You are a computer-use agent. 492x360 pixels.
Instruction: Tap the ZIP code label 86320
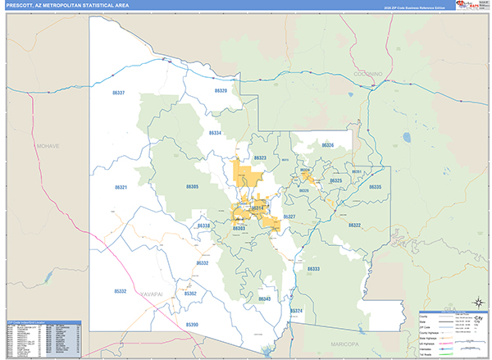pyautogui.click(x=219, y=90)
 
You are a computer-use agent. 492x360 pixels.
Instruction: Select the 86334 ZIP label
pyautogui.click(x=215, y=133)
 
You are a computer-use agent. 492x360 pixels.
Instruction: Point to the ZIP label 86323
pyautogui.click(x=261, y=157)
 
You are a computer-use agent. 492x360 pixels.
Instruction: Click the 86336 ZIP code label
pyautogui.click(x=328, y=145)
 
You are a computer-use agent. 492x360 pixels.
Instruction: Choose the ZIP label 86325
pyautogui.click(x=335, y=180)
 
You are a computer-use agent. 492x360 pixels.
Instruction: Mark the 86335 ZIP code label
pyautogui.click(x=375, y=188)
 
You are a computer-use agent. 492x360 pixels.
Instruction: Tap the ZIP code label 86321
pyautogui.click(x=121, y=187)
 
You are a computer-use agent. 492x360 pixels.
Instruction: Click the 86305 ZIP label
pyautogui.click(x=193, y=187)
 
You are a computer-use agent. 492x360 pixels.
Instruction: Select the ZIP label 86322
pyautogui.click(x=354, y=225)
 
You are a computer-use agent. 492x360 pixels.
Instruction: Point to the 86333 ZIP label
pyautogui.click(x=313, y=268)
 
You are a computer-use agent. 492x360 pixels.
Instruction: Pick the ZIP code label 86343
pyautogui.click(x=264, y=298)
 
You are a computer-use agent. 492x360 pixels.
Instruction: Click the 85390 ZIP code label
pyautogui.click(x=192, y=325)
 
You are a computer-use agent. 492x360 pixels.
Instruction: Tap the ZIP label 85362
pyautogui.click(x=190, y=293)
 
